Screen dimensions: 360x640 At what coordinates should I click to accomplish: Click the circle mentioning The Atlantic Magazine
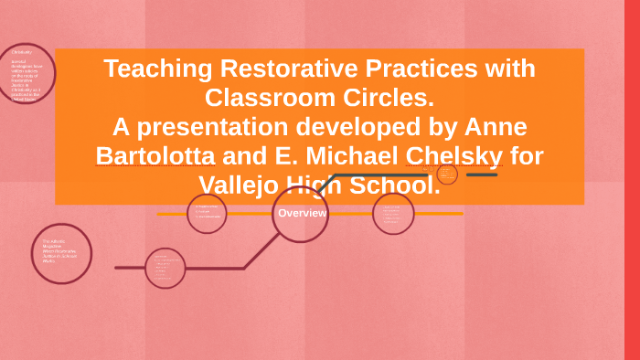click(x=61, y=254)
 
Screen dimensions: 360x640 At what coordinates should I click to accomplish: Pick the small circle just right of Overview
click(x=393, y=214)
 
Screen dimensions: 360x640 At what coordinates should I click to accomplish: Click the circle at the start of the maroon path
click(x=165, y=268)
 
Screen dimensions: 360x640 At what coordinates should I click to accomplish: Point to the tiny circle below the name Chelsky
click(x=447, y=174)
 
